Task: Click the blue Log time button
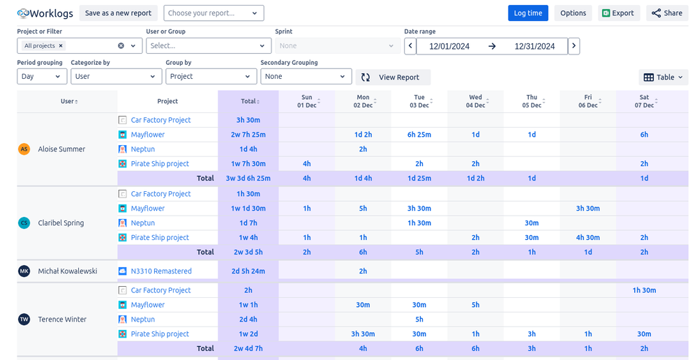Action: (x=527, y=13)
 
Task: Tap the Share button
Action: (x=666, y=13)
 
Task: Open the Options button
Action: (x=573, y=13)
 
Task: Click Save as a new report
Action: (x=118, y=13)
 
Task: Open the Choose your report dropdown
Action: (x=213, y=13)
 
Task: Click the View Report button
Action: (x=393, y=77)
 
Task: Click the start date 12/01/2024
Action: (x=449, y=47)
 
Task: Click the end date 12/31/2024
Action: (x=534, y=47)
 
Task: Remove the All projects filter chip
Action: (x=61, y=46)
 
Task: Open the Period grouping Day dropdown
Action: (x=42, y=77)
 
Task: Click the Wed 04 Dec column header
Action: (x=475, y=101)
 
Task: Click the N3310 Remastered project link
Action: (x=160, y=271)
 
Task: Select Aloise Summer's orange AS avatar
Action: (x=24, y=149)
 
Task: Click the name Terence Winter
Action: (x=62, y=320)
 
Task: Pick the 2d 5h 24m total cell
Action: (x=248, y=271)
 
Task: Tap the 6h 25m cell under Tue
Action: (x=419, y=135)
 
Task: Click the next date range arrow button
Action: (x=574, y=47)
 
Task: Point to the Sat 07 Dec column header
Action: (x=644, y=101)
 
